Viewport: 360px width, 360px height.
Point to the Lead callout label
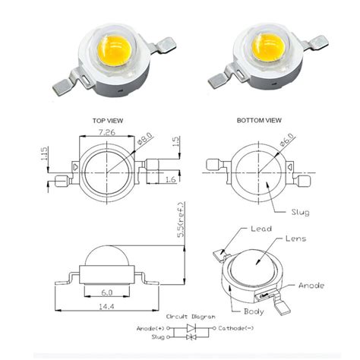tap(263, 228)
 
